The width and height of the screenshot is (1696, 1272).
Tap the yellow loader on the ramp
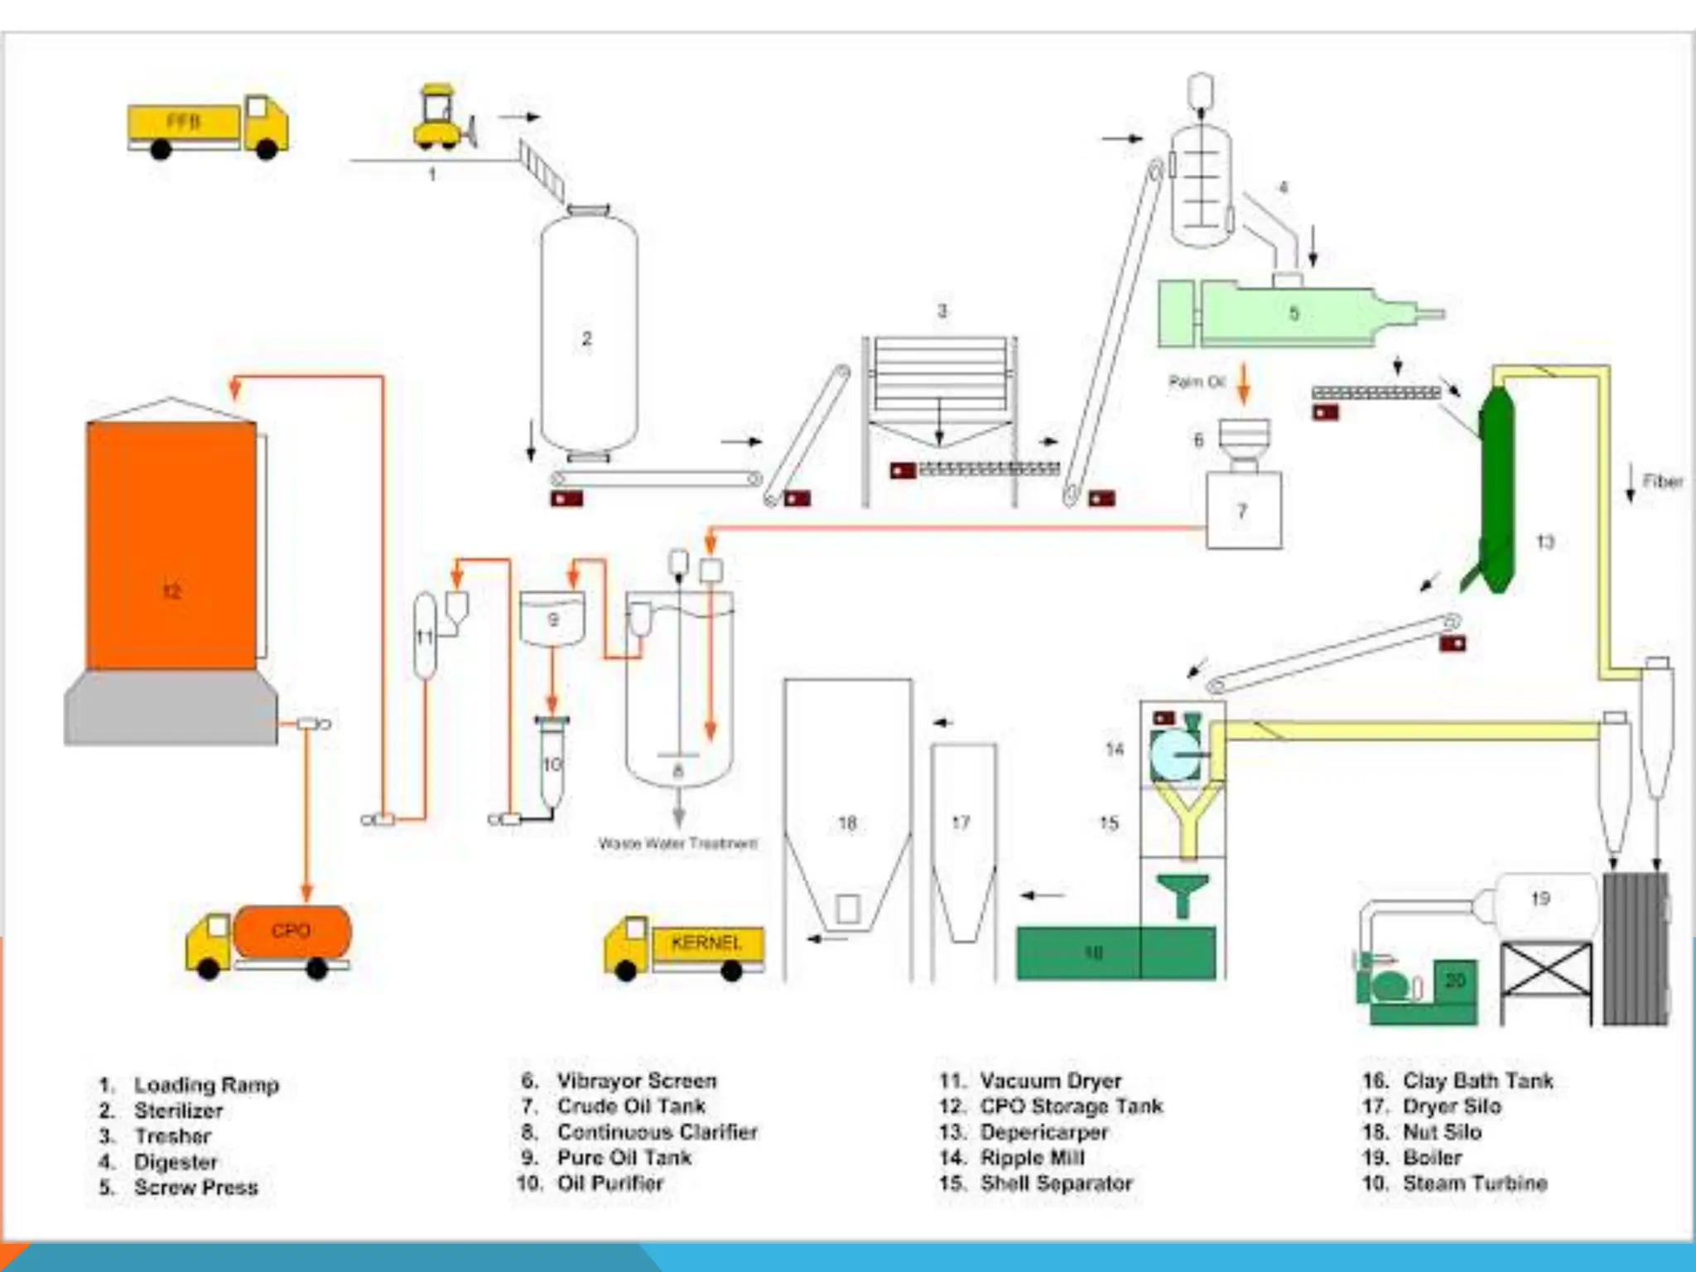pyautogui.click(x=442, y=118)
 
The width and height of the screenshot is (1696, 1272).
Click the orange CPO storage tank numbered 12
pyautogui.click(x=171, y=547)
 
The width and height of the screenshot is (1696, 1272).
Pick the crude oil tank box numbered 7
pyautogui.click(x=1244, y=510)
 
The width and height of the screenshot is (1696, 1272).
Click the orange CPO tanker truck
pyautogui.click(x=273, y=940)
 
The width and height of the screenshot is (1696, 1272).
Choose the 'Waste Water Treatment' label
pyautogui.click(x=677, y=844)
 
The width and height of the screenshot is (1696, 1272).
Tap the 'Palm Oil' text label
pyautogui.click(x=1196, y=382)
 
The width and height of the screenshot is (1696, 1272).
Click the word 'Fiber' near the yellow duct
pyautogui.click(x=1662, y=481)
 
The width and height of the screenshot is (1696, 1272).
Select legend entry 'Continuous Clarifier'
pyautogui.click(x=657, y=1132)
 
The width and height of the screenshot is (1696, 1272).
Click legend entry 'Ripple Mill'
pyautogui.click(x=1032, y=1158)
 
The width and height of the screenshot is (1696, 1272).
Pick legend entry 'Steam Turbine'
pyautogui.click(x=1474, y=1183)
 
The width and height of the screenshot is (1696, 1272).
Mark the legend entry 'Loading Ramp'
pyautogui.click(x=206, y=1085)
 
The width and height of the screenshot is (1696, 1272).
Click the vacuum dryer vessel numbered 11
pyautogui.click(x=424, y=636)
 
